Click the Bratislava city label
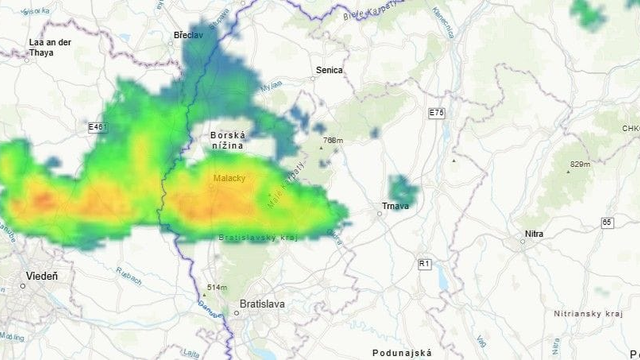pyautogui.click(x=263, y=303)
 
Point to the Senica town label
pyautogui.click(x=329, y=70)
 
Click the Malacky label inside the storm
pyautogui.click(x=229, y=179)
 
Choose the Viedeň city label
pyautogui.click(x=41, y=276)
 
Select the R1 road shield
pyautogui.click(x=425, y=263)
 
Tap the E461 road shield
pyautogui.click(x=96, y=127)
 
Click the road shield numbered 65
pyautogui.click(x=607, y=222)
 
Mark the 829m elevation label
pyautogui.click(x=580, y=164)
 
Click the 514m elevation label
pyautogui.click(x=217, y=288)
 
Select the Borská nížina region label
pyautogui.click(x=228, y=140)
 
